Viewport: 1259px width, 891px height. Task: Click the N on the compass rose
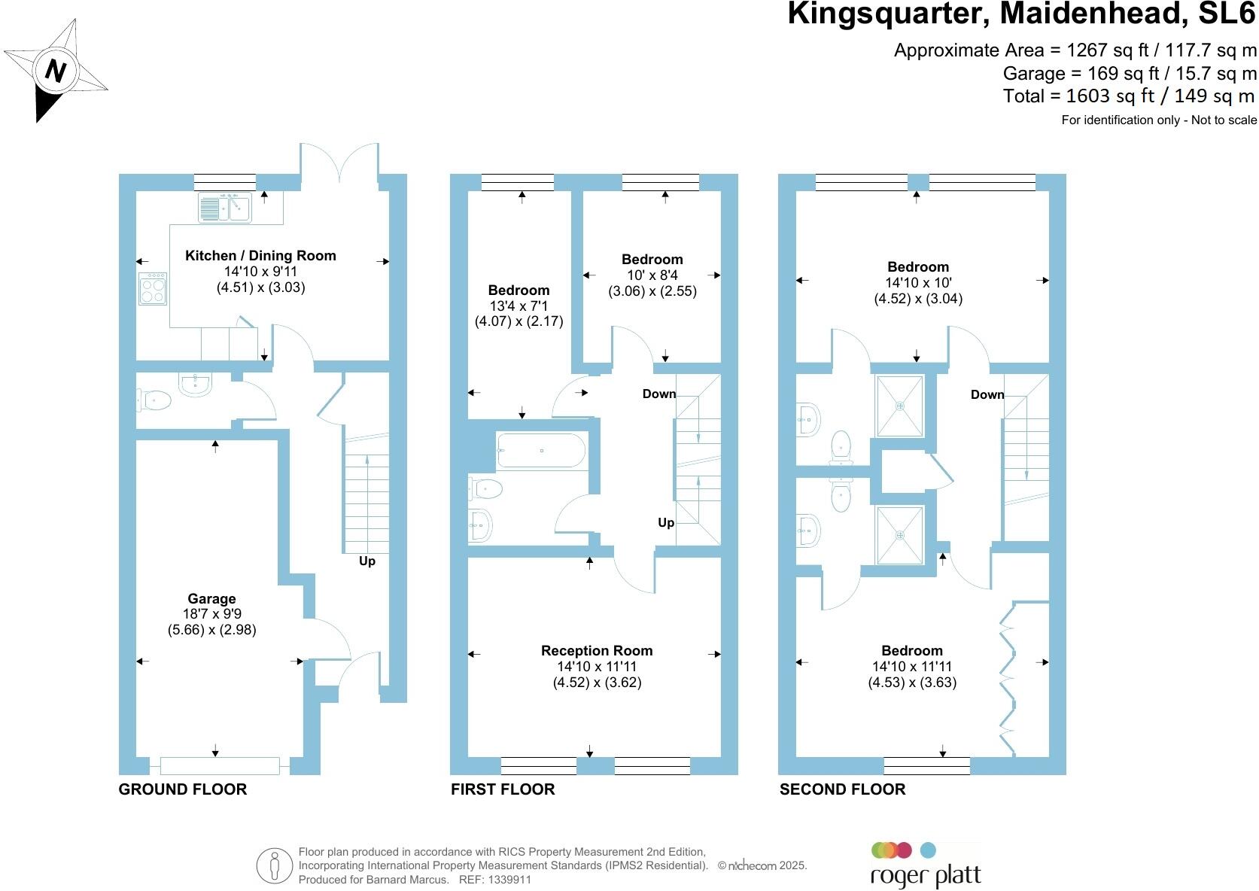pos(55,71)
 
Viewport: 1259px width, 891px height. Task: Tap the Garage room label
pos(211,599)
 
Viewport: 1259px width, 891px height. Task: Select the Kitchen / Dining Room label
pos(260,256)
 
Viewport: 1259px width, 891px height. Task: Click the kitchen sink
pos(224,207)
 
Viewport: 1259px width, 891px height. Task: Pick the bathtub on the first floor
pos(541,451)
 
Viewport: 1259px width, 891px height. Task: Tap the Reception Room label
pos(597,651)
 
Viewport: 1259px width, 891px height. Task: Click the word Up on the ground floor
pos(367,561)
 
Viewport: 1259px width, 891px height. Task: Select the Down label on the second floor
pos(987,395)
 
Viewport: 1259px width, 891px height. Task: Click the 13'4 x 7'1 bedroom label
pos(519,306)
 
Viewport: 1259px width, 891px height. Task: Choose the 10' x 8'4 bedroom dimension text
pos(652,275)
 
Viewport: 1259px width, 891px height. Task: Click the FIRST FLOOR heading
pos(503,789)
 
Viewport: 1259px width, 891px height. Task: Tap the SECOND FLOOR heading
pos(842,789)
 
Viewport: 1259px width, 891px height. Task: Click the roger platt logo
pos(926,865)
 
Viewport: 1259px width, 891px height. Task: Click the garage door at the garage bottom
pos(220,766)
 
